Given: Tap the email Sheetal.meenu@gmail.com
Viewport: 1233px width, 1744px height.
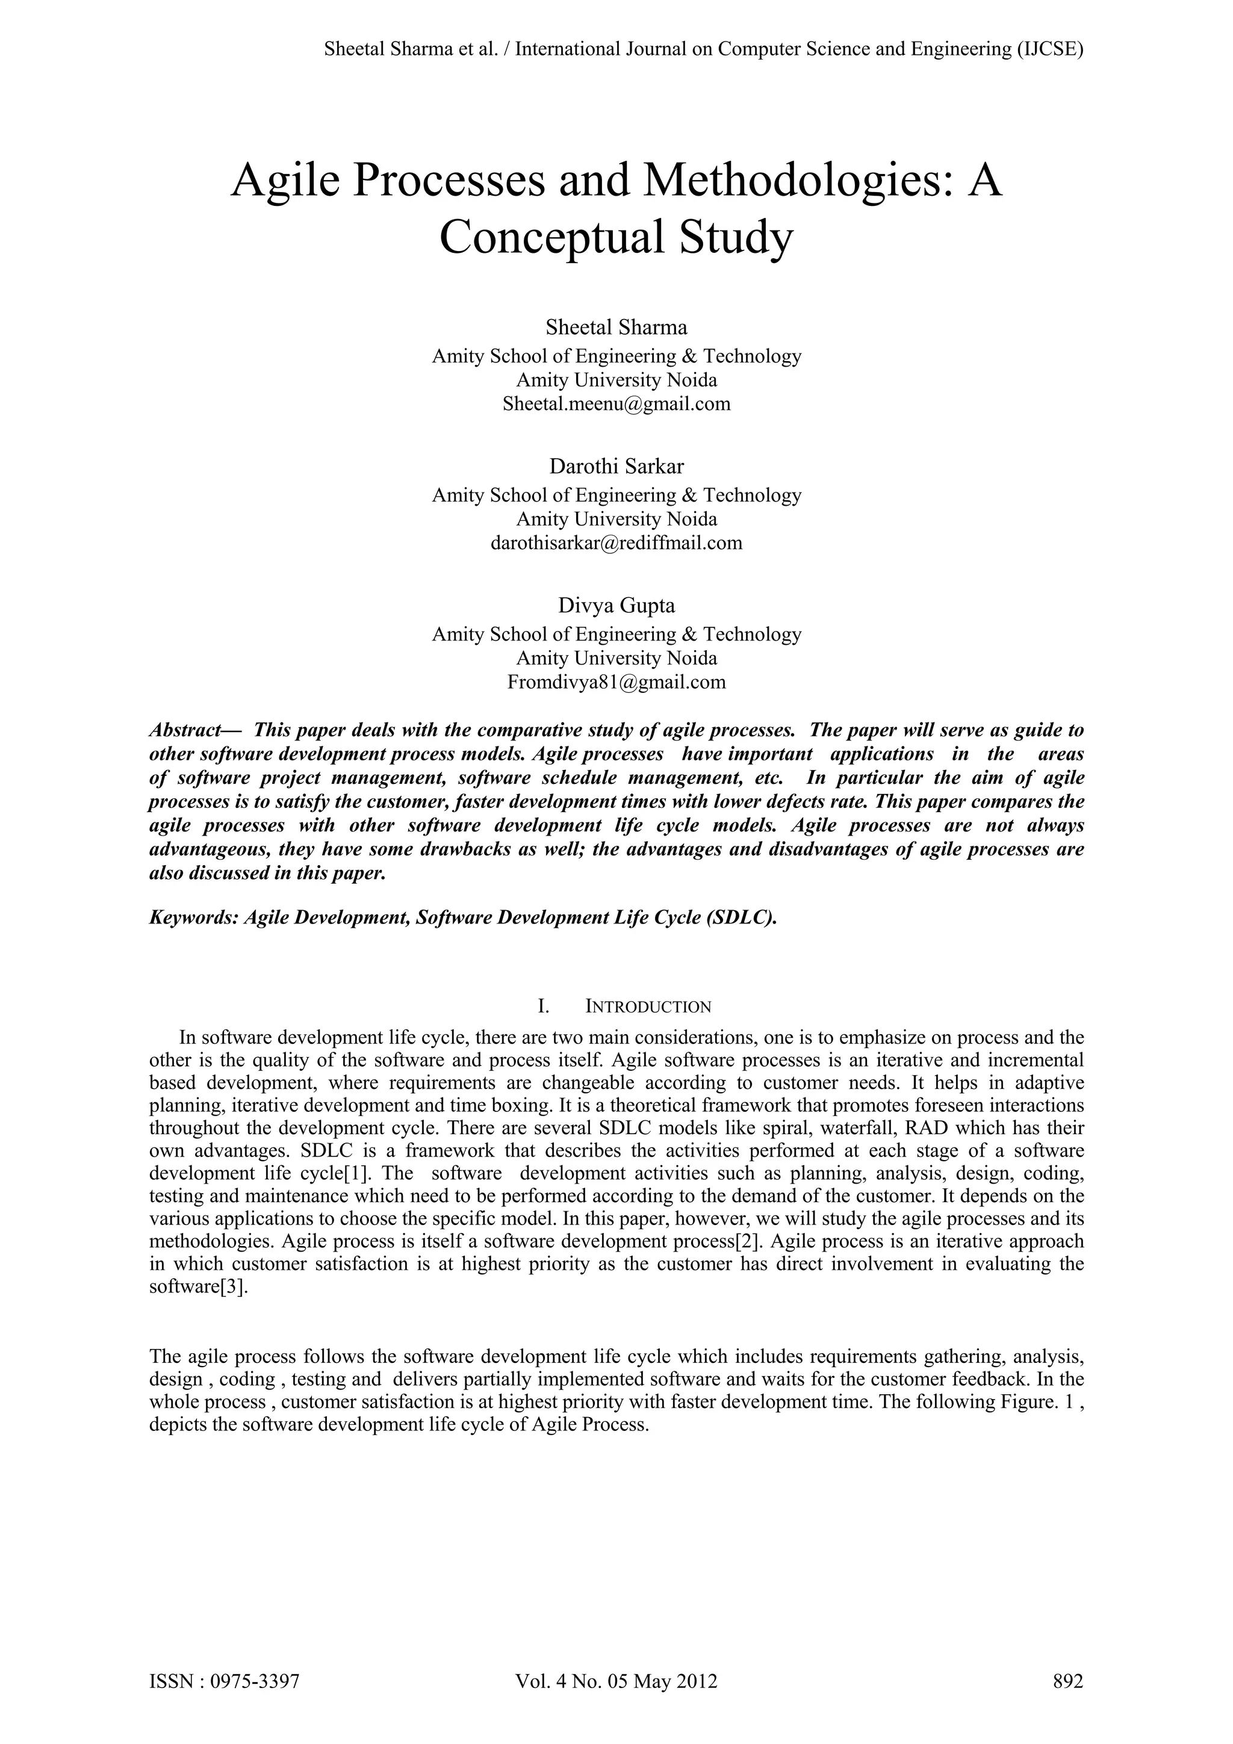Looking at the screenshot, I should click(x=616, y=403).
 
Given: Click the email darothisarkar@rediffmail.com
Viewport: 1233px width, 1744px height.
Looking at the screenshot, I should click(x=616, y=543).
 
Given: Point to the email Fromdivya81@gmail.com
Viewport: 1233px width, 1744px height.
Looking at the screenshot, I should click(x=616, y=682).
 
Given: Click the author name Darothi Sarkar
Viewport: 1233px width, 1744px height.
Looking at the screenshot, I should click(x=616, y=467).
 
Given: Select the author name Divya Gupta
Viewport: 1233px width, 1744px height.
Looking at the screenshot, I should click(x=616, y=606).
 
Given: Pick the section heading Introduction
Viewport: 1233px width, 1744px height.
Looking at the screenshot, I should click(x=648, y=1007).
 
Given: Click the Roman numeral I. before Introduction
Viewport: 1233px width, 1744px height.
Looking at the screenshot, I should click(x=544, y=1007).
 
